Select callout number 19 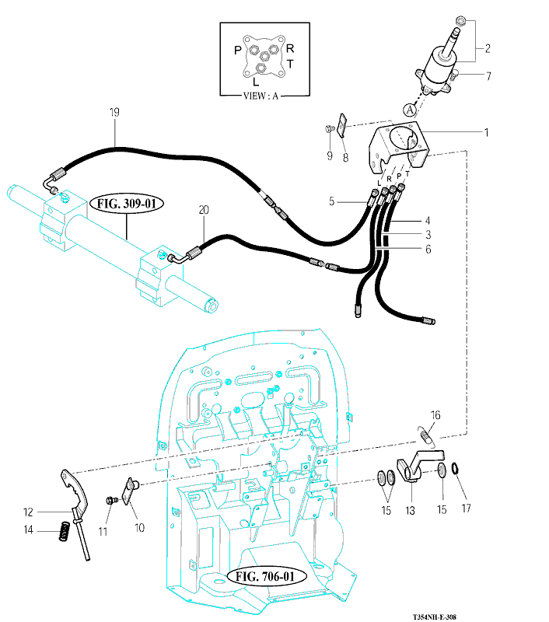[114, 114]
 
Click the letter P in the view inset [238, 51]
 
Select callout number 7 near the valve [488, 76]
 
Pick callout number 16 [435, 416]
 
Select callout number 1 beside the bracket [487, 132]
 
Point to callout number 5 [332, 201]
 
